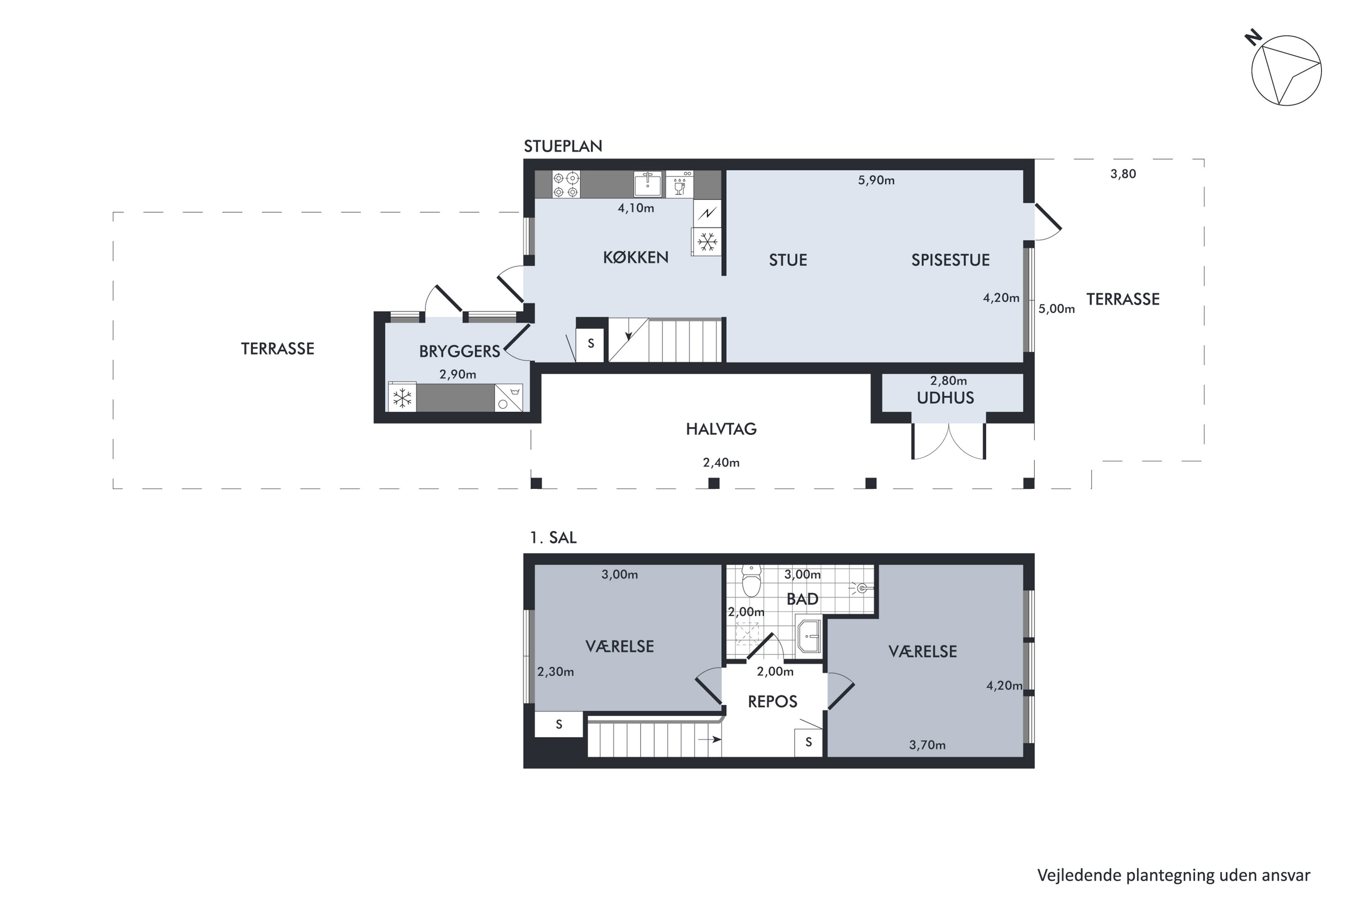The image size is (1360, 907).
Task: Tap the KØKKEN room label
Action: (x=636, y=258)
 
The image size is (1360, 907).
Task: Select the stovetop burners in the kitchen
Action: (x=565, y=185)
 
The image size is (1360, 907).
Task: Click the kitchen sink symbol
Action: (x=648, y=185)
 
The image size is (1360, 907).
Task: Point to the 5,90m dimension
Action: (x=876, y=180)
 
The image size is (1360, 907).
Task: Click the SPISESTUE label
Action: (x=950, y=260)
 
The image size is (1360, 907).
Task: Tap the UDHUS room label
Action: (x=945, y=398)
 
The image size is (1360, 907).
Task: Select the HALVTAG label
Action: (x=721, y=429)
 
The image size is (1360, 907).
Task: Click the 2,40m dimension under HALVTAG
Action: (x=721, y=463)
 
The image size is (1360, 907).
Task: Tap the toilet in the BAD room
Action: (x=751, y=581)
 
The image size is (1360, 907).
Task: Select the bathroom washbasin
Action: (x=808, y=636)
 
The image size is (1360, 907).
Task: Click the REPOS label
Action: (x=772, y=702)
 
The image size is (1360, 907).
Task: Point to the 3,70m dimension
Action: (x=927, y=746)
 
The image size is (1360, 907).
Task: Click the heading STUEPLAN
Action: (x=563, y=146)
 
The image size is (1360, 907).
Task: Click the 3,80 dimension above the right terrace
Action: (x=1123, y=174)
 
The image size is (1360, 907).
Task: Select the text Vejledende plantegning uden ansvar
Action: (x=1173, y=875)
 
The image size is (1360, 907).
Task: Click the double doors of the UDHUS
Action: (x=948, y=441)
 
